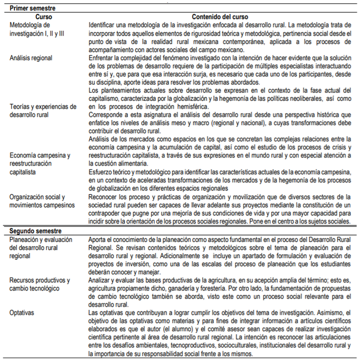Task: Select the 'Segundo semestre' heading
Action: pyautogui.click(x=33, y=231)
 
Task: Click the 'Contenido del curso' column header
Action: pyautogui.click(x=219, y=16)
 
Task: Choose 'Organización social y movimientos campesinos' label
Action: pyautogui.click(x=42, y=201)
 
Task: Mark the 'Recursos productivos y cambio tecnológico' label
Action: pyautogui.click(x=40, y=284)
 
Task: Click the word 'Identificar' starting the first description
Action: pyautogui.click(x=103, y=24)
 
